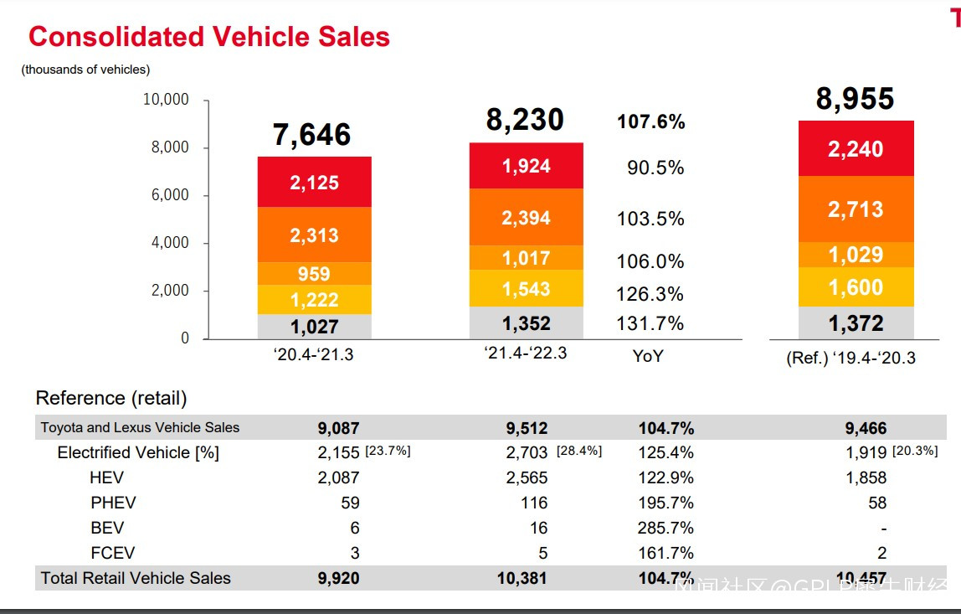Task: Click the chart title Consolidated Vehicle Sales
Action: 209,37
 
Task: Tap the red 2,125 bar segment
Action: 314,183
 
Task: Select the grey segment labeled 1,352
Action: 526,323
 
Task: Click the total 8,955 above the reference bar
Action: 855,99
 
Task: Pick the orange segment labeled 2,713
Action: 856,209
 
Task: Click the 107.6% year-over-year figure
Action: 650,122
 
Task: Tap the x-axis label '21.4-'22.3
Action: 525,353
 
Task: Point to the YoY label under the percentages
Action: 647,355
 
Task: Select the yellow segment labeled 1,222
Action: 314,299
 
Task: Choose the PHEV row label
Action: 113,503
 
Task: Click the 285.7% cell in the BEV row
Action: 666,528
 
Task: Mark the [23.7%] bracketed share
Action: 388,451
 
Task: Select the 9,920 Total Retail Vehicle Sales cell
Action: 338,578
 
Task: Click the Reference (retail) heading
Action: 111,398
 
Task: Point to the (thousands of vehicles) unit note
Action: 86,70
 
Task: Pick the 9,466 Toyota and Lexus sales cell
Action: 866,428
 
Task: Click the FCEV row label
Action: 113,553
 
